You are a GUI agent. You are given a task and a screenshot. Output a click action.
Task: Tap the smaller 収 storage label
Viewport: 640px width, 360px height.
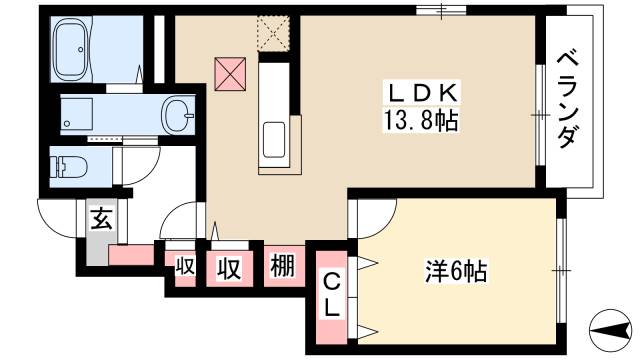pos(185,267)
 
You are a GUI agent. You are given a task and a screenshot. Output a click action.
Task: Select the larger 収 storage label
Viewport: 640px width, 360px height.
pos(229,267)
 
